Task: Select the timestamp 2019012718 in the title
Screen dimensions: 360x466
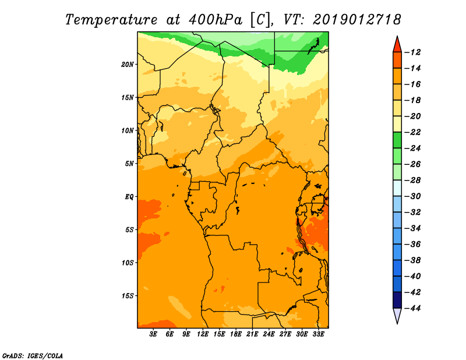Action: (x=356, y=19)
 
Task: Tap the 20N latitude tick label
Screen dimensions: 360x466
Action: (x=128, y=64)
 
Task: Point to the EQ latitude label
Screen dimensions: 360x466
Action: (x=129, y=196)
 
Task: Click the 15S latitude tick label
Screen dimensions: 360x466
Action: (x=128, y=295)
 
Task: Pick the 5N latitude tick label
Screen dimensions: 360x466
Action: (x=129, y=163)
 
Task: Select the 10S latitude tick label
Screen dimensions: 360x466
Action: (x=128, y=262)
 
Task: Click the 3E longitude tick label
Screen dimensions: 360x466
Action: (x=154, y=334)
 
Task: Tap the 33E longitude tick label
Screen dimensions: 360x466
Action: (x=319, y=334)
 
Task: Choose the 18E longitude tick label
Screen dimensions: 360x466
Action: (x=236, y=334)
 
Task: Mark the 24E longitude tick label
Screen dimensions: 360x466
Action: (x=269, y=334)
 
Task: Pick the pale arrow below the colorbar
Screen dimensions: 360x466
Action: (x=397, y=315)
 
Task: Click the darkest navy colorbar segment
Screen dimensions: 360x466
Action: (x=397, y=299)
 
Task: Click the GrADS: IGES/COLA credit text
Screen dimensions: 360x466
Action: (x=33, y=355)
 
